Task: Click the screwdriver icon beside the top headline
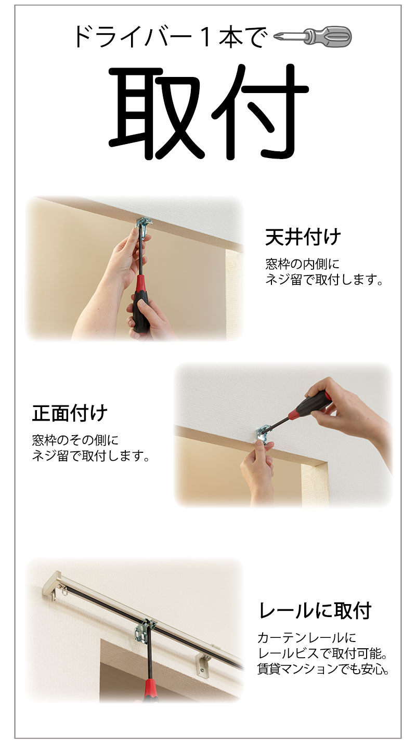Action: click(x=313, y=36)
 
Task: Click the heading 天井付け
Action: click(x=303, y=237)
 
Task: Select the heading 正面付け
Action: click(x=70, y=413)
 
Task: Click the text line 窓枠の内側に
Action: click(x=303, y=264)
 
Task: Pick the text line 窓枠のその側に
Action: click(x=75, y=440)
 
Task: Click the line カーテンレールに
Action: click(x=306, y=638)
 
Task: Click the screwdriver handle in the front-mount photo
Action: click(x=309, y=407)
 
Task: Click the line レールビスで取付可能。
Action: click(x=323, y=653)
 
